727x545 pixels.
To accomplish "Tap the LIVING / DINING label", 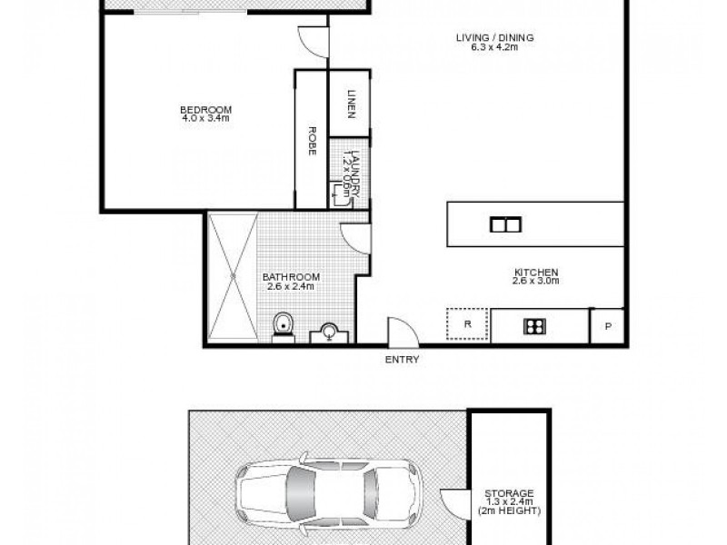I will pyautogui.click(x=495, y=37).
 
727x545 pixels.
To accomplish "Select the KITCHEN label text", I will pyautogui.click(x=535, y=272).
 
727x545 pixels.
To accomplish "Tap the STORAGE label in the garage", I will pyautogui.click(x=509, y=493).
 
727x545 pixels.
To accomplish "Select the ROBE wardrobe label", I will pyautogui.click(x=311, y=142).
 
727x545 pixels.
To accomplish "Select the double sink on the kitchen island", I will pyautogui.click(x=503, y=224).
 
